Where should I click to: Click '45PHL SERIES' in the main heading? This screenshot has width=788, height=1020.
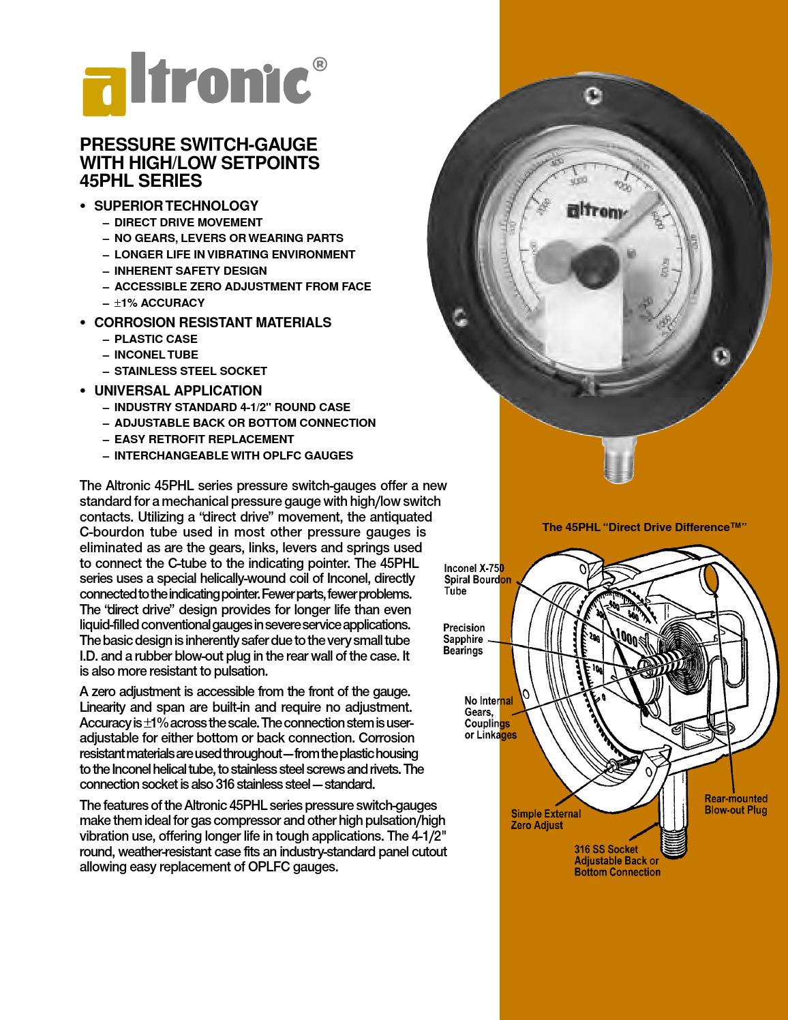[141, 181]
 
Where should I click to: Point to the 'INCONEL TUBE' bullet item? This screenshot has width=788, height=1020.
[156, 355]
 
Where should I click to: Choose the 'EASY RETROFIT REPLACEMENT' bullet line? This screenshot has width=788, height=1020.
[204, 439]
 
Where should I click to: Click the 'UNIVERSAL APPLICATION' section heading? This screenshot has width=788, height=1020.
[177, 391]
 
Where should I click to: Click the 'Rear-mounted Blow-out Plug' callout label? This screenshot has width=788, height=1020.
[736, 805]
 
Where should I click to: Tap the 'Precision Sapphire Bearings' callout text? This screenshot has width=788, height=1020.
[464, 639]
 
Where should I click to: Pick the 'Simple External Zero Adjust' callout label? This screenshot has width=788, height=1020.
[545, 819]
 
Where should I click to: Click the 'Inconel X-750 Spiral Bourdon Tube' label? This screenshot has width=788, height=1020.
[477, 579]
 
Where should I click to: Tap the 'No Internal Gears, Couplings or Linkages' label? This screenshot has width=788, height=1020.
[490, 717]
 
